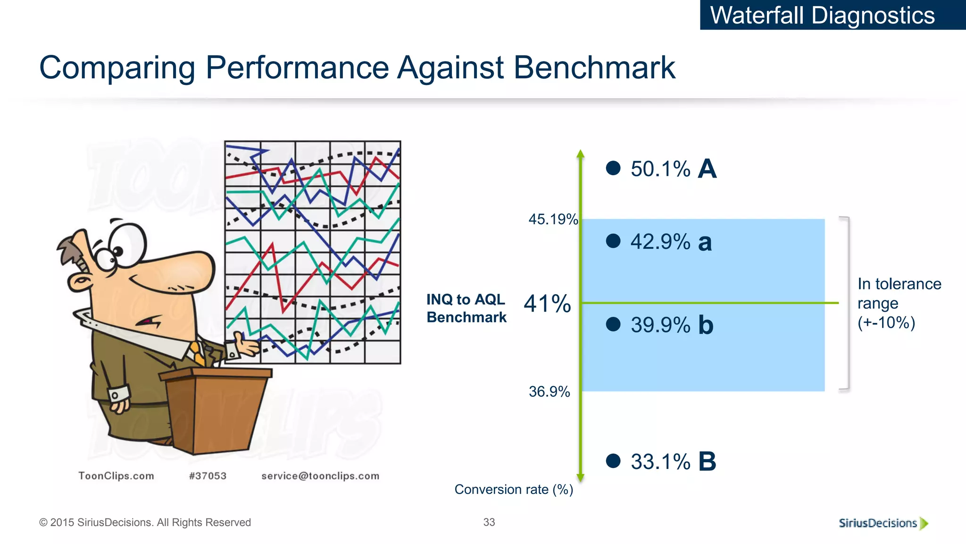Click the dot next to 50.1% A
[613, 168]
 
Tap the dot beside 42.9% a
[613, 241]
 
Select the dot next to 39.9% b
[613, 324]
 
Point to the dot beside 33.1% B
[613, 461]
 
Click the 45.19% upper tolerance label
[553, 220]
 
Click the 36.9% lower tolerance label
[549, 392]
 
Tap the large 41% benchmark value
[547, 304]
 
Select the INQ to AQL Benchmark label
[466, 308]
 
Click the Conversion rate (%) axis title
[514, 490]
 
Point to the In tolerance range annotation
[899, 303]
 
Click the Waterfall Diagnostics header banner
[823, 15]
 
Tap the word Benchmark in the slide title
[594, 68]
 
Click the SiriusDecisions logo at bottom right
[883, 523]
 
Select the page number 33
[489, 522]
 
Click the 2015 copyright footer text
[145, 523]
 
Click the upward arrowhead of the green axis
[581, 154]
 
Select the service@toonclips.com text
[320, 476]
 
